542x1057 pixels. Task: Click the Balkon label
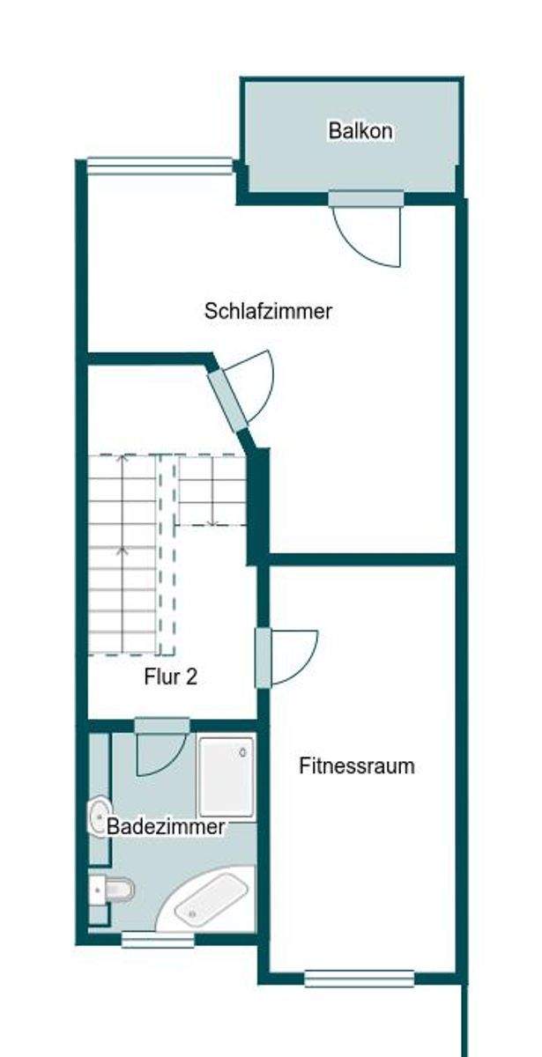(x=360, y=130)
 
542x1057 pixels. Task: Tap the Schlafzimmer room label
(x=268, y=311)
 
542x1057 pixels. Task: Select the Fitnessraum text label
(x=357, y=765)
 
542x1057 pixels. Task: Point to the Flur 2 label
(x=170, y=677)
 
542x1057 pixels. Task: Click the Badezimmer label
(x=166, y=826)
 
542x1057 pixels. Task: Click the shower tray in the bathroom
(x=226, y=776)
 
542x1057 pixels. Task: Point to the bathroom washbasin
(x=98, y=816)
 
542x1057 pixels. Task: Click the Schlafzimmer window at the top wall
(x=160, y=166)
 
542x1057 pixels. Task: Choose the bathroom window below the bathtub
(x=158, y=940)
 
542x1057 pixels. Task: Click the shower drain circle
(x=243, y=752)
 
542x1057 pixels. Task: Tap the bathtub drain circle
(x=192, y=913)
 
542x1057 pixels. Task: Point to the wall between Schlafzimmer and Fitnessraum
(x=362, y=559)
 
